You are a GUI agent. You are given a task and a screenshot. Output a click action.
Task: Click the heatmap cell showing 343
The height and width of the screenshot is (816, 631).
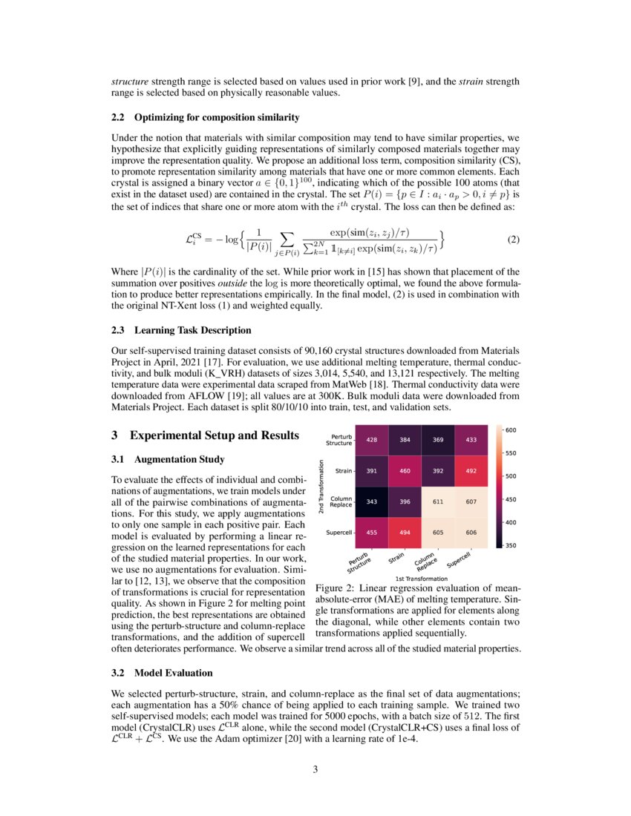(370, 501)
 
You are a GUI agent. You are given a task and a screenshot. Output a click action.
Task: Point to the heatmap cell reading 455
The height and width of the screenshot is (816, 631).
(370, 532)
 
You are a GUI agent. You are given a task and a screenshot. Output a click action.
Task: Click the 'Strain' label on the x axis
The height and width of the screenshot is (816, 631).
(396, 557)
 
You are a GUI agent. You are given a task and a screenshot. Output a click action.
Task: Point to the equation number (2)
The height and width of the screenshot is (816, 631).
(513, 240)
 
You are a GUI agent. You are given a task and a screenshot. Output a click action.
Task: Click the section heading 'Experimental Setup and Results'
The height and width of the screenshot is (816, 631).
(215, 435)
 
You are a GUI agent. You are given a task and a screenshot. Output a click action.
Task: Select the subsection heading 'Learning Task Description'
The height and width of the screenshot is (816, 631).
(192, 330)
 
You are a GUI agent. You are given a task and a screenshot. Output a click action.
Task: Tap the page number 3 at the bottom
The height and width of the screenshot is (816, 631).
(315, 769)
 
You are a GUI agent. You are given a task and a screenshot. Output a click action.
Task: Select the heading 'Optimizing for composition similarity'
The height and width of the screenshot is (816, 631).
(217, 117)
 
